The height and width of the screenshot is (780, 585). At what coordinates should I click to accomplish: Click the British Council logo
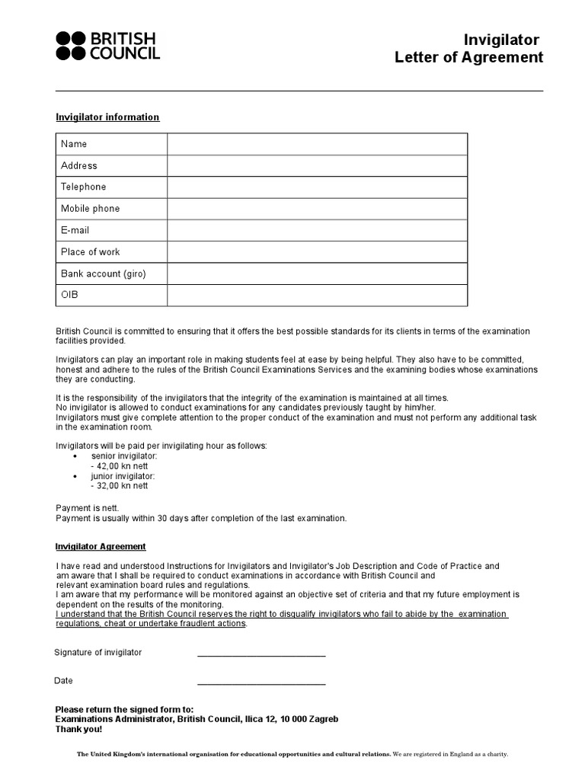click(107, 46)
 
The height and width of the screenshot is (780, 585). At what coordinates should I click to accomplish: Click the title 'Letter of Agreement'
click(468, 58)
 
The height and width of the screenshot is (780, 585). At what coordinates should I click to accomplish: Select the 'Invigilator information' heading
click(107, 117)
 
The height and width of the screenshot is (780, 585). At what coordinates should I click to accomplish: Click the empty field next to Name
click(317, 144)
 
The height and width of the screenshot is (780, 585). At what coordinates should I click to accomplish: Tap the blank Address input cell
click(317, 165)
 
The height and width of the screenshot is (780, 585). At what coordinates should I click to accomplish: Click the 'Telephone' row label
click(84, 187)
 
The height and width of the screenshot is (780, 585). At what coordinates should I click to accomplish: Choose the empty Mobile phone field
click(317, 209)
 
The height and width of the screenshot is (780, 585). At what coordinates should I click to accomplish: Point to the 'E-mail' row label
click(75, 230)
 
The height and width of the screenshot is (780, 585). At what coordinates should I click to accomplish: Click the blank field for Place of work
click(317, 252)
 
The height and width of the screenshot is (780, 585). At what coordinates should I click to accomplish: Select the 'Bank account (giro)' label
click(103, 273)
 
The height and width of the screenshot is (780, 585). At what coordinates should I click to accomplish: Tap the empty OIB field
click(317, 295)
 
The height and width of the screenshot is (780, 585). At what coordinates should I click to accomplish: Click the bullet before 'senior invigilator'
click(75, 456)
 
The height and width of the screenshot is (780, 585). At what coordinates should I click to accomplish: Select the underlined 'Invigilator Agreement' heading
click(101, 547)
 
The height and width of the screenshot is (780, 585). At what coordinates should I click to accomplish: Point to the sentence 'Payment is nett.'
click(88, 507)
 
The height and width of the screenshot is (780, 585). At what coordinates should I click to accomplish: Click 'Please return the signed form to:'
click(124, 709)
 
